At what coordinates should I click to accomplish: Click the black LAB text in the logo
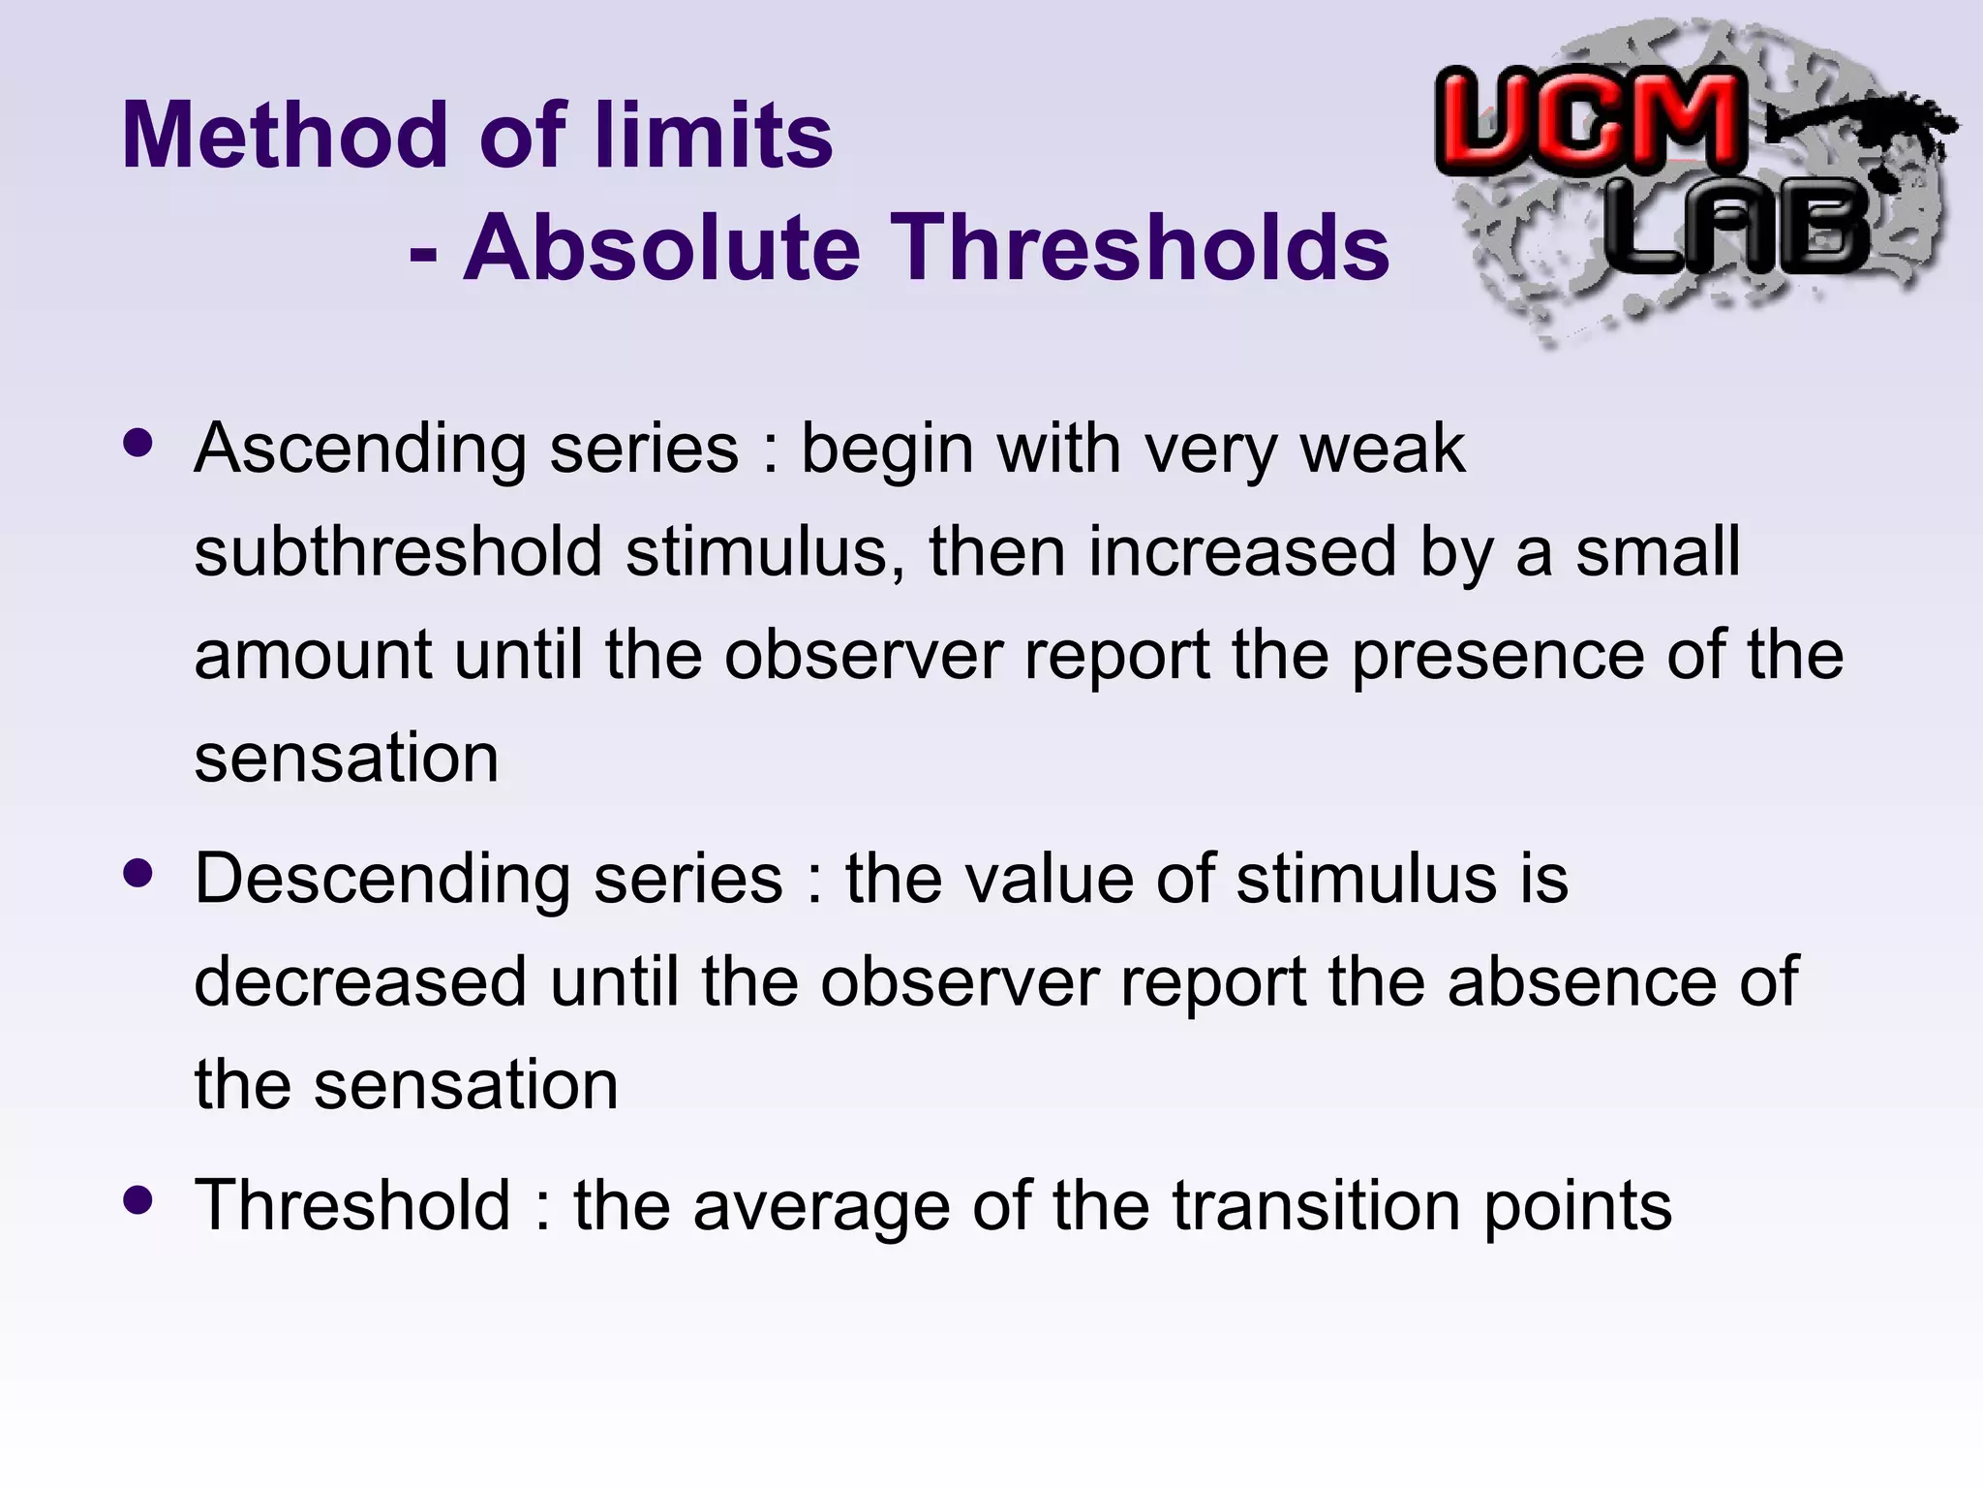tap(1737, 229)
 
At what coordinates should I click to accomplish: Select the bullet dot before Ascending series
tap(138, 444)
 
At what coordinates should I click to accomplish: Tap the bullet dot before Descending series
tap(138, 874)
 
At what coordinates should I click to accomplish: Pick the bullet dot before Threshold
tap(138, 1201)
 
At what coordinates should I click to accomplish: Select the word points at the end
tap(1577, 1207)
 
